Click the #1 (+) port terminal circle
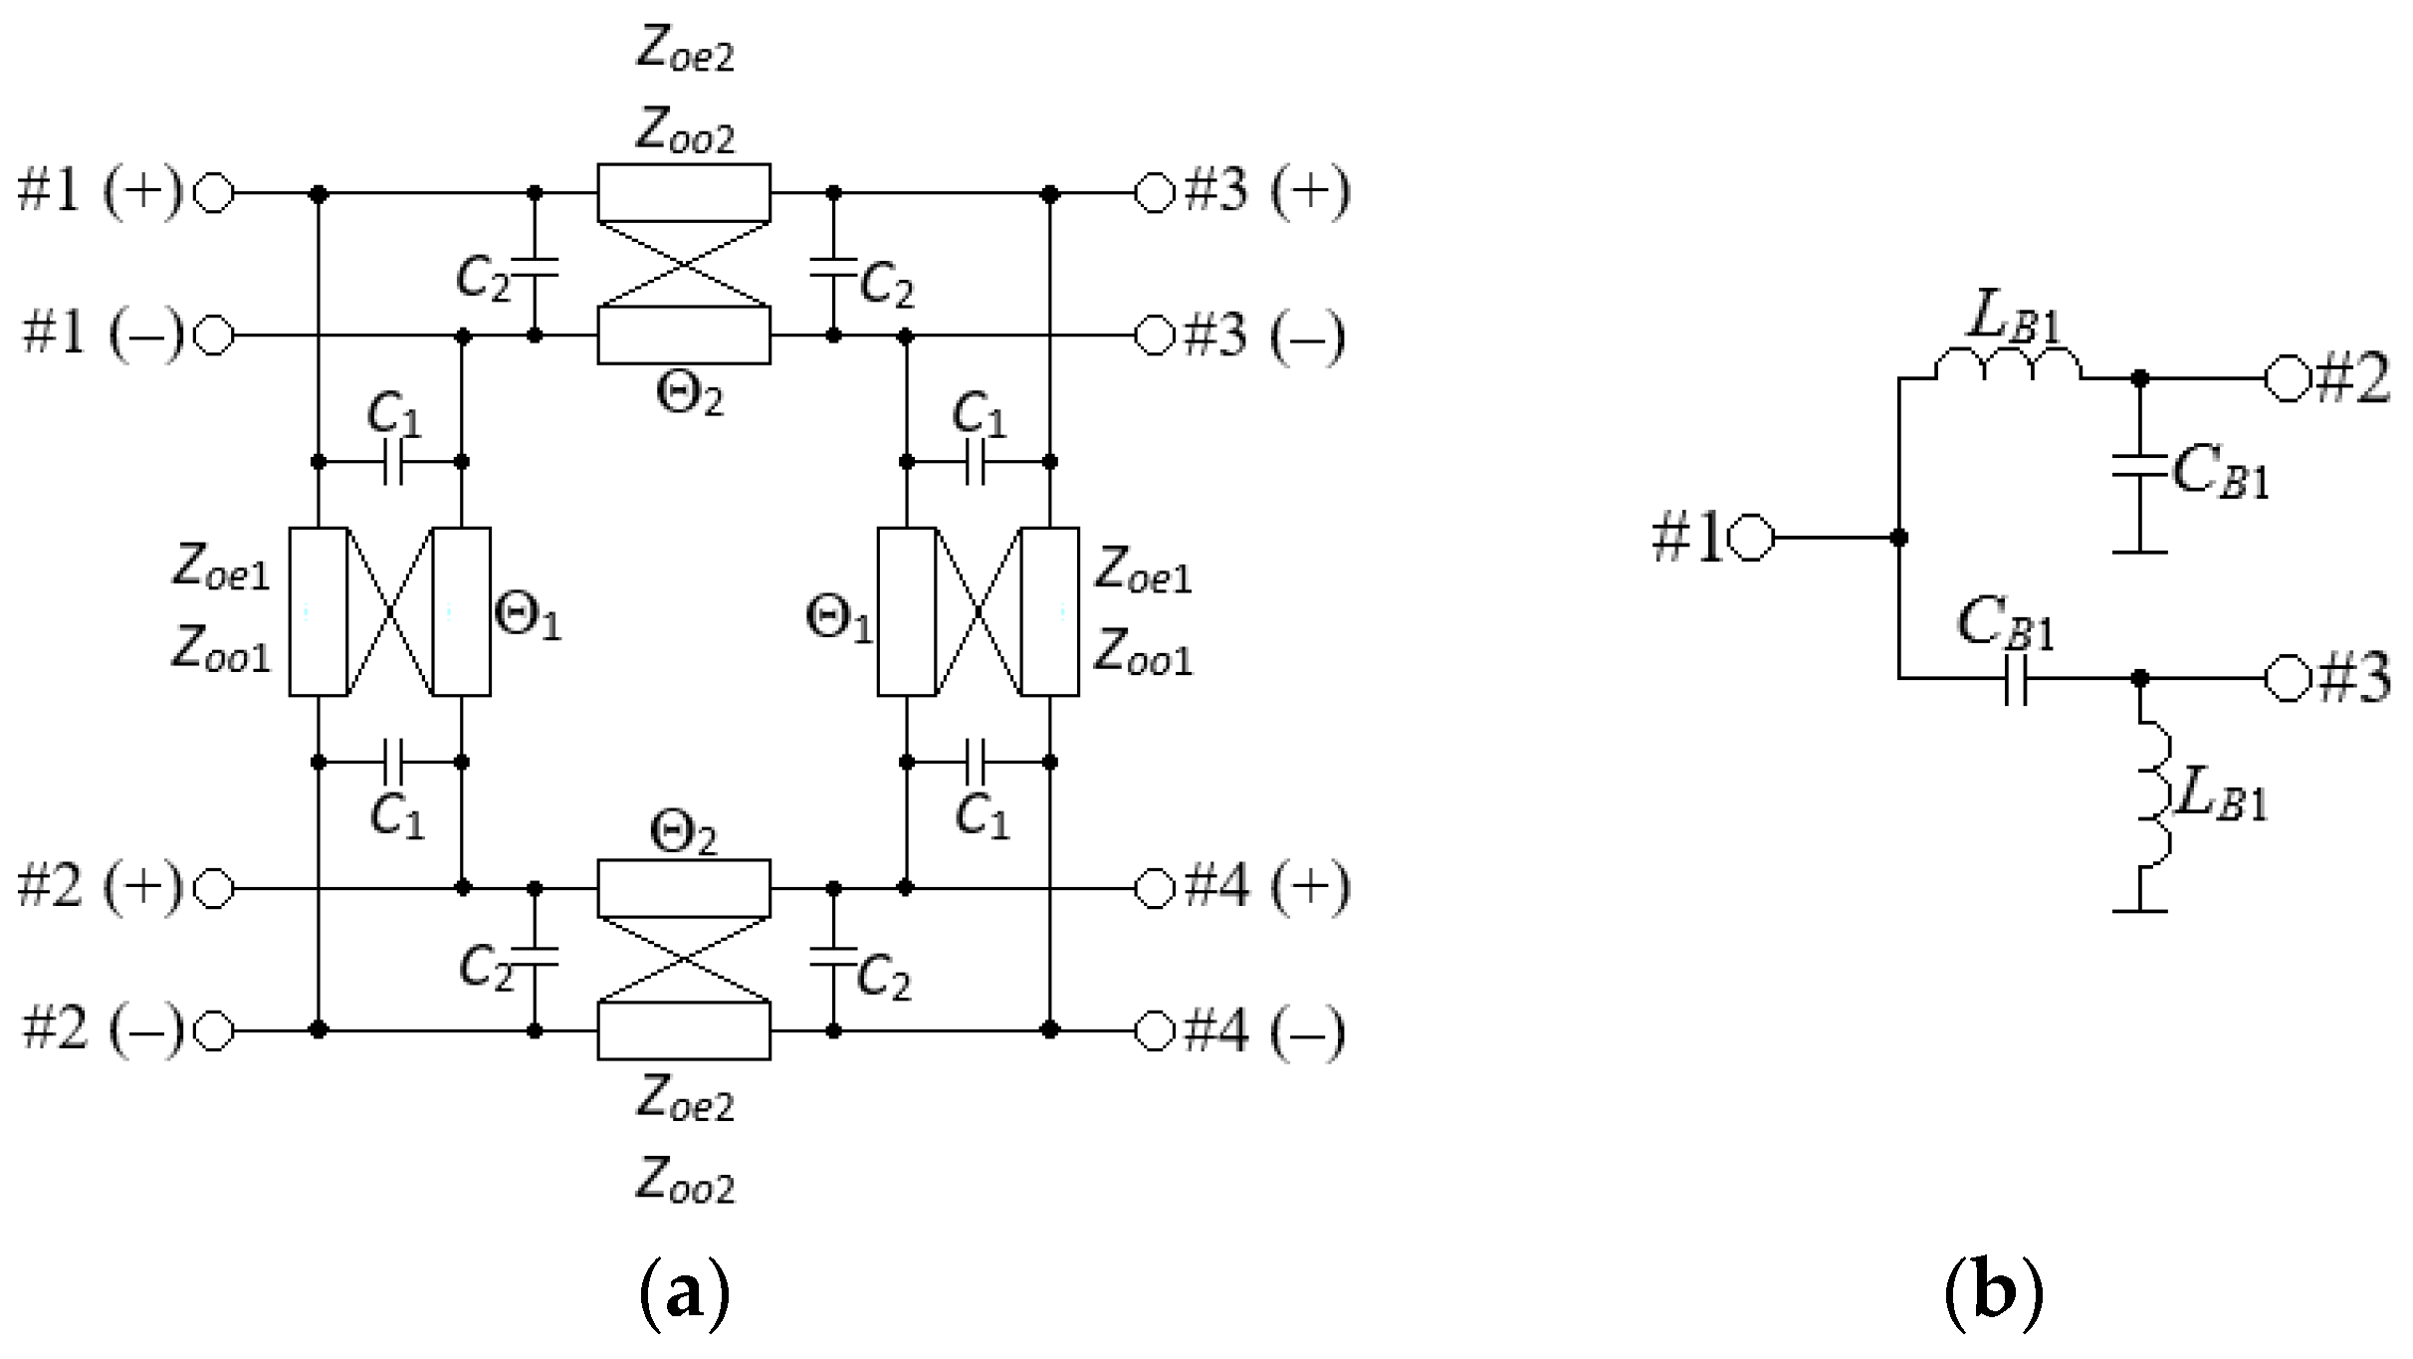point(213,193)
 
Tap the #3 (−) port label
point(1264,336)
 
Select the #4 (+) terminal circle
point(1155,888)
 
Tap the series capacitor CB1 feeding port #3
point(2014,679)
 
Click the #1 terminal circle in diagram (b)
point(1751,538)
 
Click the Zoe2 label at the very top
point(684,52)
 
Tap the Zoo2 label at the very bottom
point(684,1183)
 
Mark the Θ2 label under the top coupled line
point(689,395)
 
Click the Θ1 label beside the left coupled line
point(528,618)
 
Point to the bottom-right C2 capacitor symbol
point(833,958)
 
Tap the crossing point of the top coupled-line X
point(684,264)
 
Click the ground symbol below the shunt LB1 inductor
point(2139,909)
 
